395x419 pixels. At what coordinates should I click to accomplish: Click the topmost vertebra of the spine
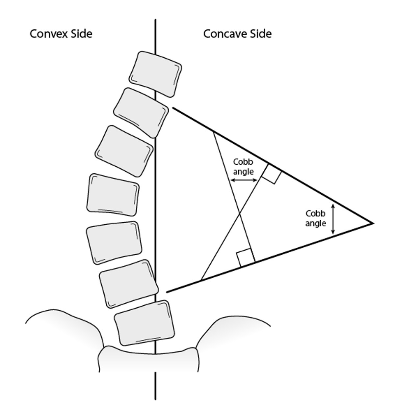pos(156,74)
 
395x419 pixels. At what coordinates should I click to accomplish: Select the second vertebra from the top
pos(141,112)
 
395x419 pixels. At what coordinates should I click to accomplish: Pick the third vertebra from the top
pos(124,151)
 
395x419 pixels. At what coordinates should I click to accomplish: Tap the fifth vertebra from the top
pos(114,242)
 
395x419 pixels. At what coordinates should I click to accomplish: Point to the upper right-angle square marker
pos(271,174)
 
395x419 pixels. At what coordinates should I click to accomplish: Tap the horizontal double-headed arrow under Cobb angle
pos(243,180)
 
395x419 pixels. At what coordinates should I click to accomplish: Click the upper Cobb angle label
pos(243,167)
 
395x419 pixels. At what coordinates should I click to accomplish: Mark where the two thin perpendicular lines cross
pos(238,214)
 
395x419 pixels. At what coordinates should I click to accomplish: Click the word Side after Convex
pos(80,34)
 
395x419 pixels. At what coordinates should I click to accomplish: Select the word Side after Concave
pos(260,34)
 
